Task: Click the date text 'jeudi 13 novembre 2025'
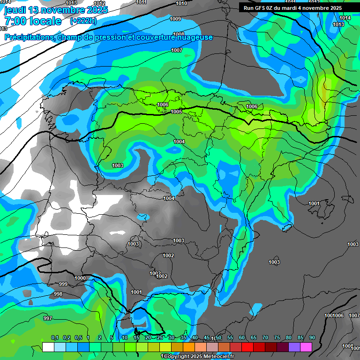tap(56, 10)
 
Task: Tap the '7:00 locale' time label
tap(33, 21)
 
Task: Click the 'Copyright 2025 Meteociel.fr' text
tap(199, 356)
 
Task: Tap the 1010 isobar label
tap(181, 4)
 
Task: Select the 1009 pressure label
tap(175, 19)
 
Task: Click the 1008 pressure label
tap(178, 34)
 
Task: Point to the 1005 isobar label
tap(176, 112)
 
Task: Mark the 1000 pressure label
tap(80, 278)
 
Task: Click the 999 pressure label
tap(63, 284)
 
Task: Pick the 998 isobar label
tap(58, 294)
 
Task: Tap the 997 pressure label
tap(48, 318)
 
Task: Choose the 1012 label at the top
tap(99, 3)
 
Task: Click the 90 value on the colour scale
tap(312, 338)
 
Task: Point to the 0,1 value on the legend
tap(55, 338)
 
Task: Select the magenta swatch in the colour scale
tap(306, 347)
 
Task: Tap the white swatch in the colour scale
tap(48, 347)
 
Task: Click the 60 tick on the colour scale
tap(242, 338)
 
